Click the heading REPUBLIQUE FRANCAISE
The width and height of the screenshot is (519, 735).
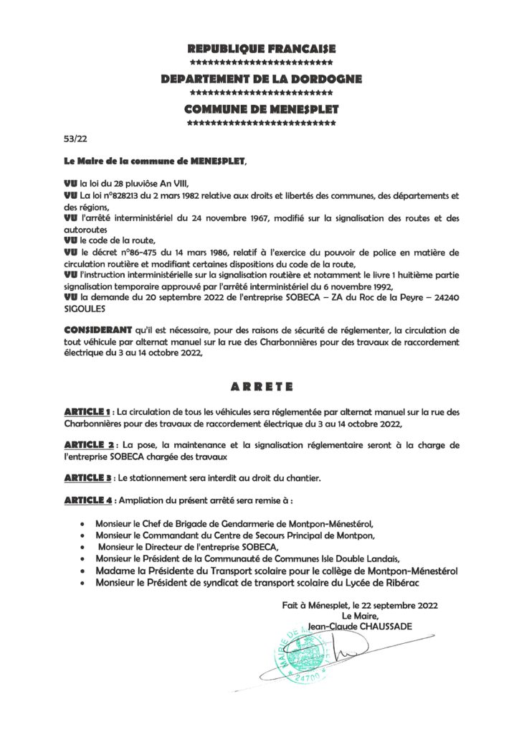tap(262, 49)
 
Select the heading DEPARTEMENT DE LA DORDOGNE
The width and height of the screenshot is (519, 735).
tap(262, 79)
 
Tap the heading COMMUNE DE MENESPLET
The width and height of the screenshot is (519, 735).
tap(262, 110)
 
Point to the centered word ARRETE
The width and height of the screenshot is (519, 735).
tap(262, 386)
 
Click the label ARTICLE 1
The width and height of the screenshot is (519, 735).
tap(87, 413)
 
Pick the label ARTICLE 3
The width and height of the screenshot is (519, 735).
tap(87, 477)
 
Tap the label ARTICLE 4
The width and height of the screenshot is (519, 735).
tap(87, 499)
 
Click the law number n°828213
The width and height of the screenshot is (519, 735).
tap(123, 195)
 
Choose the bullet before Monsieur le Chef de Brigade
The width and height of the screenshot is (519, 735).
tap(86, 525)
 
